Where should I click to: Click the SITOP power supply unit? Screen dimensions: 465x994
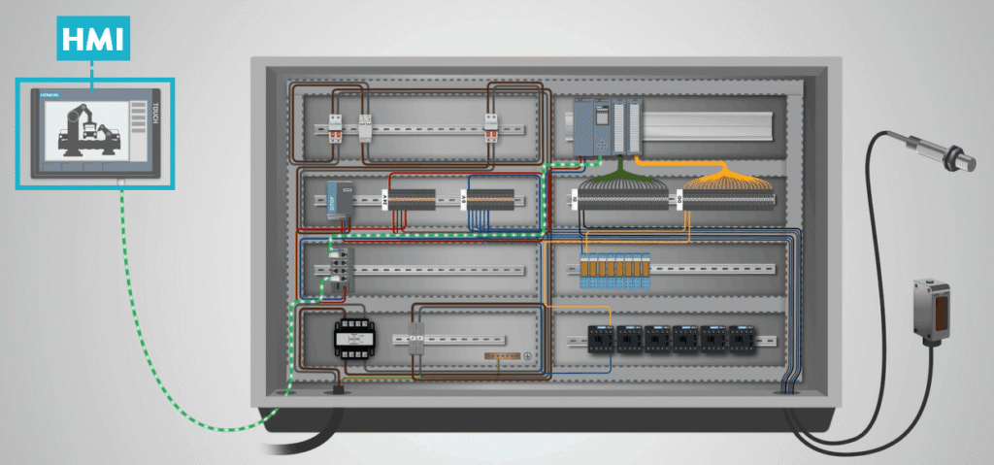[336, 198]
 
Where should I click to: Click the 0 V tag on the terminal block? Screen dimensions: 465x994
[462, 199]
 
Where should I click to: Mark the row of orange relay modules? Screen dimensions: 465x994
[615, 269]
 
